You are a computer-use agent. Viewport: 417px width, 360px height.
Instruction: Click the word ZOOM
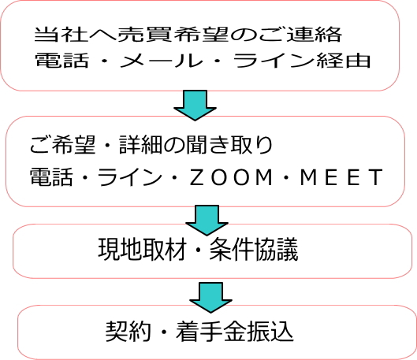point(231,177)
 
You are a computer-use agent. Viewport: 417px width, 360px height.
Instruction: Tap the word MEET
point(341,177)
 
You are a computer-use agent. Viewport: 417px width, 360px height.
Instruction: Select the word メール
point(160,61)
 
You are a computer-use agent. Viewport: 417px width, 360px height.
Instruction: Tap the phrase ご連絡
point(300,35)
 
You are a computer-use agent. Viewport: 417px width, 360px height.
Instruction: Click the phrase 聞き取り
point(229,145)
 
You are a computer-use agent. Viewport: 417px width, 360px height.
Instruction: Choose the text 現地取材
point(142,250)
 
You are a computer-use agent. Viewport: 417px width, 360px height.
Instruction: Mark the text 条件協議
point(254,250)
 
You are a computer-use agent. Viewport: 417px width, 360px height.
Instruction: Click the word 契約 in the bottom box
point(128,331)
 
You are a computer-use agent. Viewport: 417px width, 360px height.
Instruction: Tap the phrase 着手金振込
point(235,331)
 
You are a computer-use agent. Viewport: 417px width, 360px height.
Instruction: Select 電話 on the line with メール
point(61,61)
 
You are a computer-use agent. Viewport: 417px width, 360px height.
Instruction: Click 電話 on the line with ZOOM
point(51,176)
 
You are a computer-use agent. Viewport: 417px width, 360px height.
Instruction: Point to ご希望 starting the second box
point(62,145)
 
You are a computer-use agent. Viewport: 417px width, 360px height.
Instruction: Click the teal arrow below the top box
point(195,106)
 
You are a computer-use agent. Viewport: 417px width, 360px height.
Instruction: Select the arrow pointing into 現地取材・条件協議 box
point(207,221)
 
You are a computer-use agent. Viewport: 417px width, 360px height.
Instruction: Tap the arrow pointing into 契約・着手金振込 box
point(211,298)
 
